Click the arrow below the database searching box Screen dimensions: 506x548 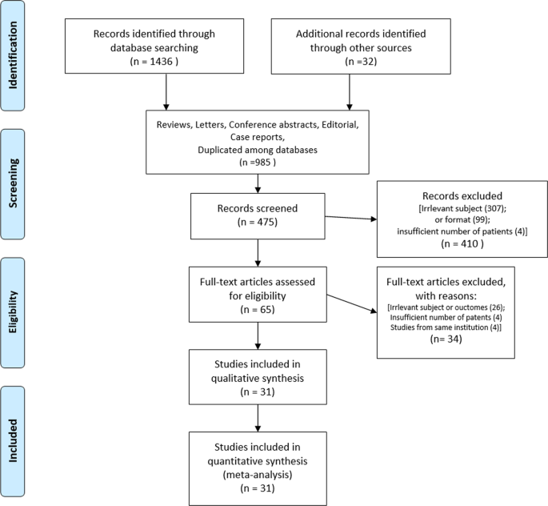pyautogui.click(x=166, y=93)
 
